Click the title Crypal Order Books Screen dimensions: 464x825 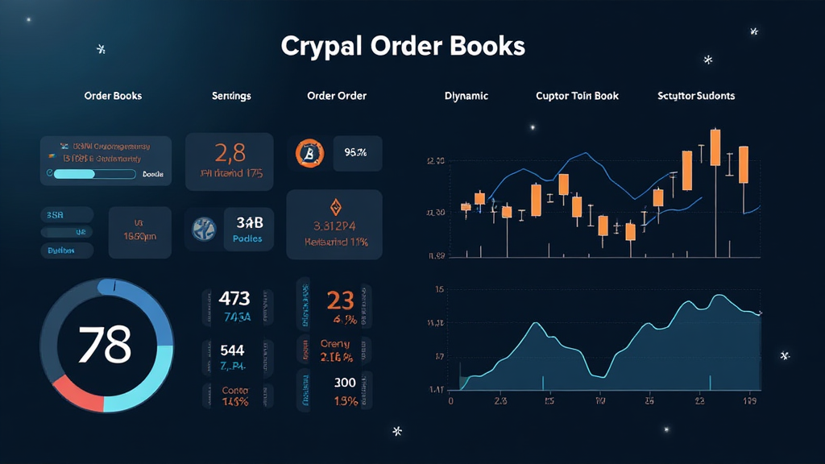(x=403, y=46)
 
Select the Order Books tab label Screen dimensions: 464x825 (x=113, y=96)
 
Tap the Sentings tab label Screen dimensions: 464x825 (x=231, y=96)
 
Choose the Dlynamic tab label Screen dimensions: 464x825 (x=466, y=96)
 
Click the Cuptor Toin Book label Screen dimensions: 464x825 (x=578, y=96)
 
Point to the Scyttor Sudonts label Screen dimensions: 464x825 (x=696, y=96)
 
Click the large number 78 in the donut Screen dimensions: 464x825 (x=105, y=344)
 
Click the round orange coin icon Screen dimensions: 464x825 (x=308, y=151)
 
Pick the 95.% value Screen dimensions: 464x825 (x=355, y=151)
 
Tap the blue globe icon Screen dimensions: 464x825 (x=205, y=228)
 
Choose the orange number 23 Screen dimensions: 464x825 (x=340, y=300)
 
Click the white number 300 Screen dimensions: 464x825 (x=344, y=382)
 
